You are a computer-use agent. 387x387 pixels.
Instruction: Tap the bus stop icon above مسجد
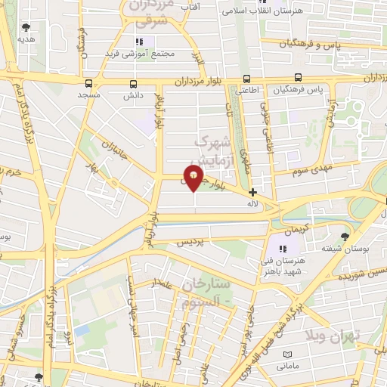[90, 84]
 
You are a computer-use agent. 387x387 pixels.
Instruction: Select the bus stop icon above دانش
[134, 84]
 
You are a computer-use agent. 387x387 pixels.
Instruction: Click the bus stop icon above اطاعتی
[246, 78]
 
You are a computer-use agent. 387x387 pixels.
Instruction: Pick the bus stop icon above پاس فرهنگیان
[297, 77]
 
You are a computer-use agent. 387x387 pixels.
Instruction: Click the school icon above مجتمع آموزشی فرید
[138, 42]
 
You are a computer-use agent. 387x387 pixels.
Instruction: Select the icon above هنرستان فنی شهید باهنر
[285, 248]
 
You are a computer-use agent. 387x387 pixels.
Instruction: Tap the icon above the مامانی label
[286, 354]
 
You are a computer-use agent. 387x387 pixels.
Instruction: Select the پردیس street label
[191, 243]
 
